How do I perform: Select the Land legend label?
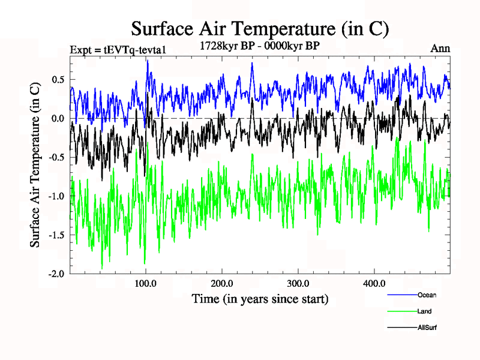click(424, 311)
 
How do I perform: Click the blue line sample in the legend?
click(401, 295)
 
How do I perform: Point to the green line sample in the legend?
click(401, 311)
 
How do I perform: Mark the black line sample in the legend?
click(401, 328)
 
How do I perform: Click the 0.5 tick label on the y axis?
click(58, 80)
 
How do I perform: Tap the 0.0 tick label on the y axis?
click(58, 119)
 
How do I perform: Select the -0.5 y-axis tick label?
click(56, 158)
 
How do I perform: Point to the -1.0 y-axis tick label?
click(56, 197)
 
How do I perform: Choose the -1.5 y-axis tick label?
click(56, 236)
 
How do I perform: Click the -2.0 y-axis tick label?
click(56, 274)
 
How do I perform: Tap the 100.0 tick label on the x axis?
click(146, 284)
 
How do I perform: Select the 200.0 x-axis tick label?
click(222, 284)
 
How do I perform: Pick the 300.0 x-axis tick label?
click(298, 284)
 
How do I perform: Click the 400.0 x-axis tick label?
click(374, 284)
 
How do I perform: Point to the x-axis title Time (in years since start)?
click(260, 298)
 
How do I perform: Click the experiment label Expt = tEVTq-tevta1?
click(118, 49)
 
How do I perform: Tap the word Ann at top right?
click(440, 49)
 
